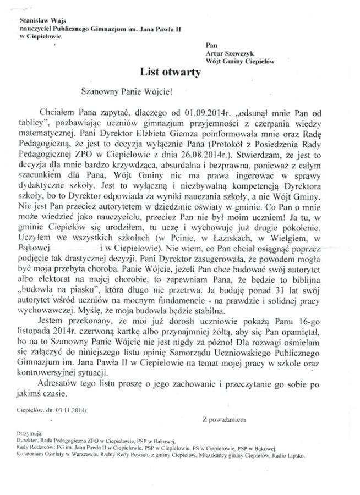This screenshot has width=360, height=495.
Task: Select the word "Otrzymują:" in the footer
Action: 30,434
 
